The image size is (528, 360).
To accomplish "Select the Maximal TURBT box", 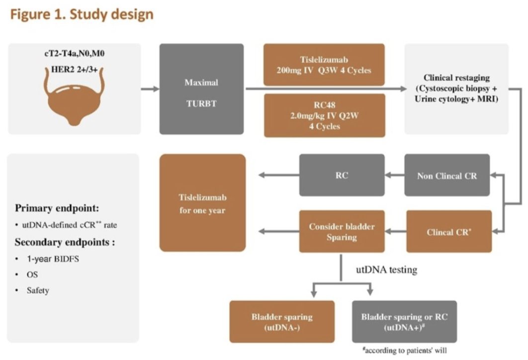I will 201,89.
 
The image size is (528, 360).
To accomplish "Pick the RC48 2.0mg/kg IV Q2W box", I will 324,115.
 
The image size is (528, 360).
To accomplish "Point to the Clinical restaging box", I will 456,89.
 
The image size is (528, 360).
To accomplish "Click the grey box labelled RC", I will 342,175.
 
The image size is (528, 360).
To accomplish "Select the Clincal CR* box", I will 449,231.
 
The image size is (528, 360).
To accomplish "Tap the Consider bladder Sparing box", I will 342,231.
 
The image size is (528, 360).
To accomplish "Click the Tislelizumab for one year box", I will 202,203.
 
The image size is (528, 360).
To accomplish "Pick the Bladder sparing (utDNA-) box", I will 281,321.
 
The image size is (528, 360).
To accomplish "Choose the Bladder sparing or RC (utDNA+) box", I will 404,321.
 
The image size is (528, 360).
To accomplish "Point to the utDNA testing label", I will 386,270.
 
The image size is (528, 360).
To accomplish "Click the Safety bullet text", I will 38,290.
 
